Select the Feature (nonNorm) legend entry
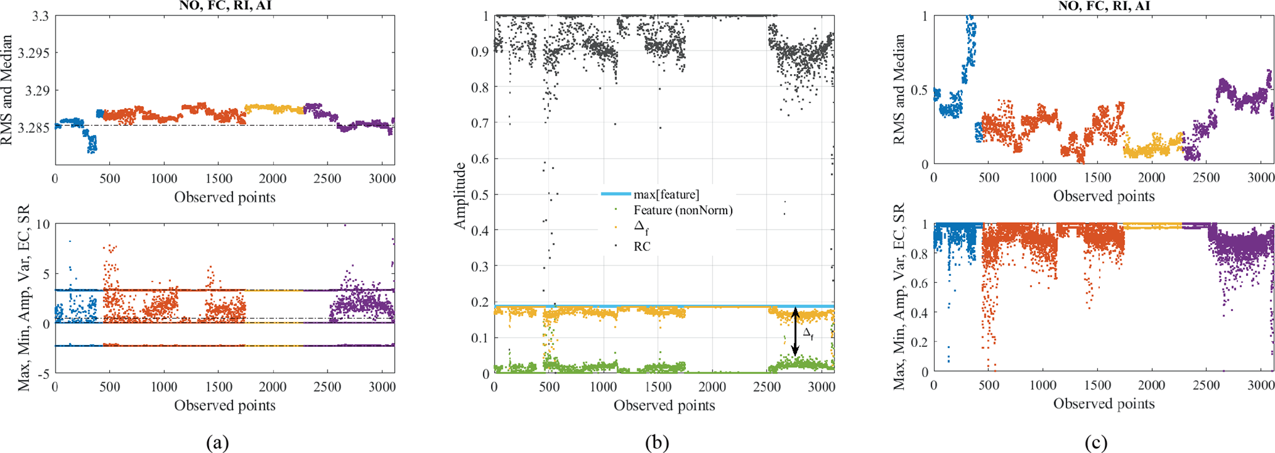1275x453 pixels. point(683,210)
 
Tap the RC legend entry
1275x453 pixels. point(642,246)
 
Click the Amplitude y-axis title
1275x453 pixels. point(459,196)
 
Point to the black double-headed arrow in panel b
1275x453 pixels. point(795,332)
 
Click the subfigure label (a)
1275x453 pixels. point(217,443)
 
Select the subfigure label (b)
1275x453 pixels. point(657,443)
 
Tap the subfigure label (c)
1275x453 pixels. point(1096,443)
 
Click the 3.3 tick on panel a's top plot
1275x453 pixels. point(40,16)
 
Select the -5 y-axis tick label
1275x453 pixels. point(42,373)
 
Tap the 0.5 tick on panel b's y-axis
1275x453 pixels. point(478,195)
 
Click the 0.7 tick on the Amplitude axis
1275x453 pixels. point(478,123)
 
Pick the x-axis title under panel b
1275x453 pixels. point(664,405)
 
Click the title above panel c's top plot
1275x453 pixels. point(1104,6)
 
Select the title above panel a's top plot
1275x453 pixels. point(225,6)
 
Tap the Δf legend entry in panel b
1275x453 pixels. point(641,228)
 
